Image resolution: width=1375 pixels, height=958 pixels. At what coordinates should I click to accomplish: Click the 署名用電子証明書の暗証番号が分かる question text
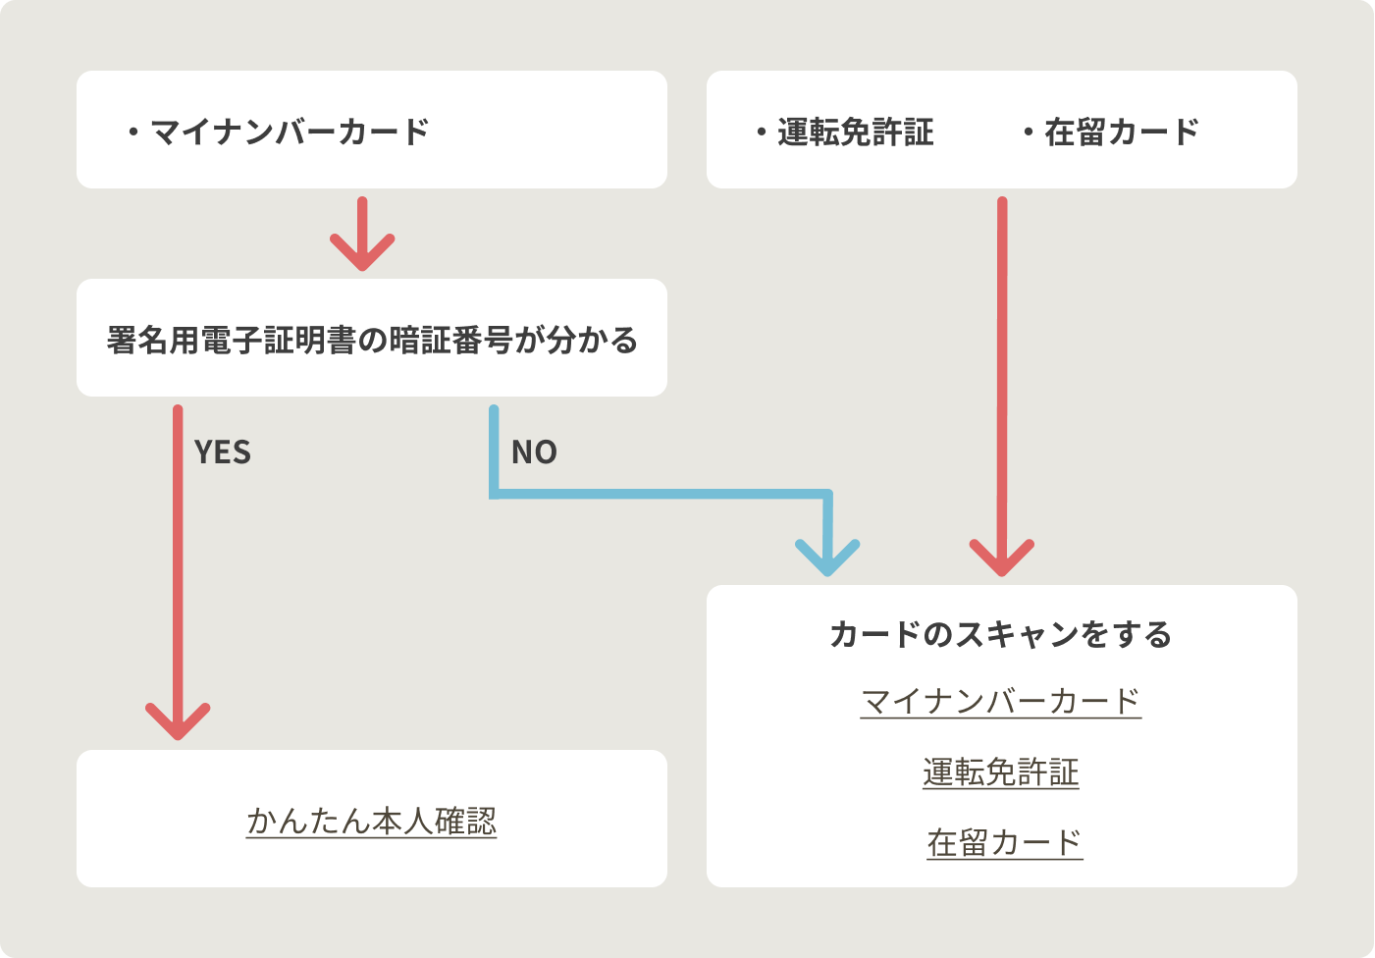[372, 340]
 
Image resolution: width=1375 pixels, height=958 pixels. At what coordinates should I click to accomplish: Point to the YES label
[223, 452]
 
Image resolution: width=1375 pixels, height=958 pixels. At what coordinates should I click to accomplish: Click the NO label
[534, 452]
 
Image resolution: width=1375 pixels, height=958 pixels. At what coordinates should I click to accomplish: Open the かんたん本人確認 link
[372, 821]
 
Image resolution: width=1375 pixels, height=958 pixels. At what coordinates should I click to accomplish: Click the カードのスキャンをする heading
[1001, 634]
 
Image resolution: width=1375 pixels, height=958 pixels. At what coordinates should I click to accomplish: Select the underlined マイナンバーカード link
[1001, 701]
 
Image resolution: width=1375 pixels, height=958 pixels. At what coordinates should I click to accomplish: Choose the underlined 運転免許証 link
[1001, 772]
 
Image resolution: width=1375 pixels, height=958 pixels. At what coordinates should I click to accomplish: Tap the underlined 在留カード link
[1004, 842]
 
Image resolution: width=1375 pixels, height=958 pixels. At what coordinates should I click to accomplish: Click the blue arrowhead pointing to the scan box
[828, 559]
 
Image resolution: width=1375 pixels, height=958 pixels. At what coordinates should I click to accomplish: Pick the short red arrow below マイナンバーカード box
[362, 236]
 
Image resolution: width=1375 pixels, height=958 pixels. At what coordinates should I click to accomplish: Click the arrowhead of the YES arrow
[178, 722]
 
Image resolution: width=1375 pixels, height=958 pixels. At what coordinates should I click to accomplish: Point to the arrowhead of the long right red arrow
[1002, 559]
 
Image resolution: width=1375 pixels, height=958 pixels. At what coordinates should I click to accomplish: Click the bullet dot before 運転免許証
[761, 133]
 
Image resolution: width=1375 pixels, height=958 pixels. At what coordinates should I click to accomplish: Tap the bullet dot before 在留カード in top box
[1029, 133]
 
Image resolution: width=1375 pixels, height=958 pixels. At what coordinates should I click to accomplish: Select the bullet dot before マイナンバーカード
[133, 133]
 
